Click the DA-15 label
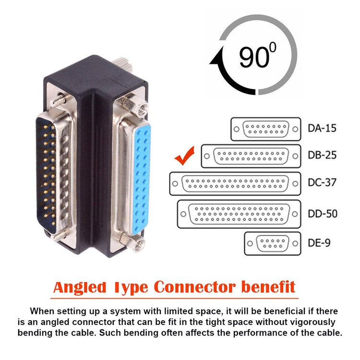pos(321,129)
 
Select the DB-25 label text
pos(321,156)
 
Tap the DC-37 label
pos(321,183)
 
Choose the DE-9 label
pos(319,243)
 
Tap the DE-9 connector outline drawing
pos(272,243)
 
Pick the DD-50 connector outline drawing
pos(239,213)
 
